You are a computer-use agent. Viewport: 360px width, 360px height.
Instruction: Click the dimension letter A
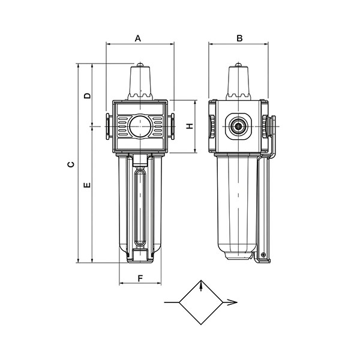(138, 38)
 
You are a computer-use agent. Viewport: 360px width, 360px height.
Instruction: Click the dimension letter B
(239, 38)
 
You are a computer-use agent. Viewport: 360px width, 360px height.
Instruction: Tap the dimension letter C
(71, 164)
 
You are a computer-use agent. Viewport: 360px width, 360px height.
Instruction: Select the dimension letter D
(87, 95)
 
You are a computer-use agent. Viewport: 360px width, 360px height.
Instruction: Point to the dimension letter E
(87, 185)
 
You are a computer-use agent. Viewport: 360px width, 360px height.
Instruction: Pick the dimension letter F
(140, 278)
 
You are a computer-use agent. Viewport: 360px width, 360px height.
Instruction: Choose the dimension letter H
(190, 126)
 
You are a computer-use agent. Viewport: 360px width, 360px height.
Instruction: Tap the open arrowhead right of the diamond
(232, 302)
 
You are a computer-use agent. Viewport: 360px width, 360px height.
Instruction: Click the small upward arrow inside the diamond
(201, 287)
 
